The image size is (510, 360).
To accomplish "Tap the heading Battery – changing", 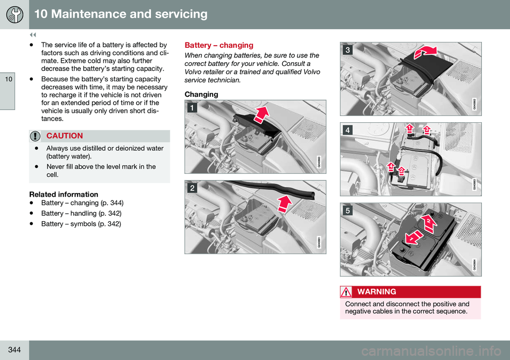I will tap(218, 46).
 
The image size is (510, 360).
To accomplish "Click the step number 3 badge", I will tap(347, 50).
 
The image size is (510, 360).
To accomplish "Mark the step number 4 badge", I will tap(347, 130).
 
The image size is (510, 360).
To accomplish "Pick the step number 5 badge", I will tap(347, 210).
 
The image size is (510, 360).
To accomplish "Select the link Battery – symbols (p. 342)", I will tap(81, 224).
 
